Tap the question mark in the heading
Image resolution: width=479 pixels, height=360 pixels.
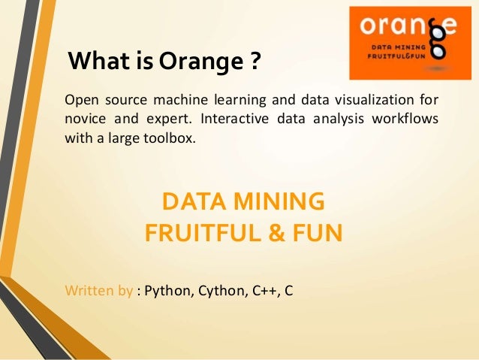(255, 60)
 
